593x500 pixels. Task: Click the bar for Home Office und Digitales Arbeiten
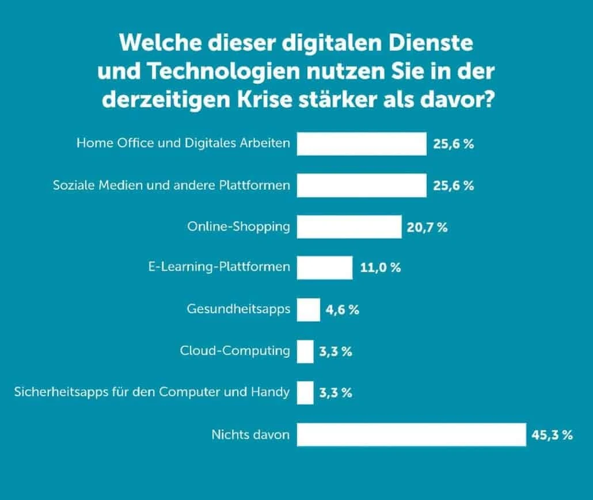point(362,144)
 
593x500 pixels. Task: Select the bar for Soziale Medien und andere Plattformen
point(362,185)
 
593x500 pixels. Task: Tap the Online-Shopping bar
point(349,227)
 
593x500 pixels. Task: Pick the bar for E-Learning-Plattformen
point(324,268)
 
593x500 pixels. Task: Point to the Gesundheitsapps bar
point(308,310)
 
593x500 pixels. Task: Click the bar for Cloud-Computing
point(305,351)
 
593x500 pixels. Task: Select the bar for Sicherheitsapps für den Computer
point(305,393)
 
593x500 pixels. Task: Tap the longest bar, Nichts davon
point(411,434)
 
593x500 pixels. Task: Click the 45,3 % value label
point(552,435)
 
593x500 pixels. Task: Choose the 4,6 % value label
point(342,310)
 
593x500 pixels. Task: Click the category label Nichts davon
point(250,434)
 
